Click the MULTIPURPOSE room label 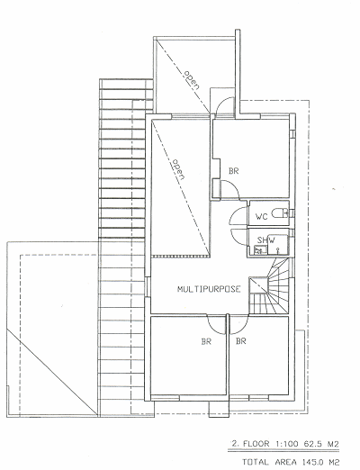click(209, 289)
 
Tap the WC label click(261, 216)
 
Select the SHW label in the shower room click(266, 240)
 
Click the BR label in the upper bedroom click(234, 171)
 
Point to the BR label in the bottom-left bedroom click(206, 341)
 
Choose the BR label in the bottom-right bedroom click(241, 341)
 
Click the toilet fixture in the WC click(280, 213)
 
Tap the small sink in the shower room click(261, 250)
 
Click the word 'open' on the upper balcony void click(192, 80)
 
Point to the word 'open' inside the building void click(177, 169)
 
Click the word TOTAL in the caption click(255, 462)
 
